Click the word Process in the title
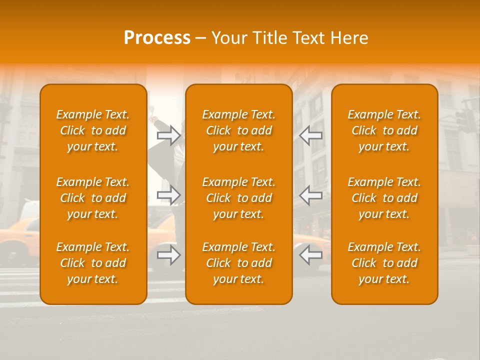[x=157, y=38]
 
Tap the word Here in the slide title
[x=348, y=38]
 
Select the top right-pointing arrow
[x=169, y=135]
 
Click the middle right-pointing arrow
[x=169, y=195]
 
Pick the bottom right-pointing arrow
[x=169, y=255]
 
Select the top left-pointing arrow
[x=310, y=135]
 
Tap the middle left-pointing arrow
[x=310, y=195]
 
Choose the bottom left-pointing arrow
[x=310, y=255]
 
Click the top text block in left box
[x=93, y=130]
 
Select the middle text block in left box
[x=93, y=198]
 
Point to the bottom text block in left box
[x=93, y=263]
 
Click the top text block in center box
[x=239, y=130]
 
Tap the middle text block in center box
[x=239, y=198]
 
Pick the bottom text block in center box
[x=239, y=263]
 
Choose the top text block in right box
[x=384, y=130]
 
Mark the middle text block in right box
[x=384, y=198]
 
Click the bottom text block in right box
[x=384, y=263]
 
